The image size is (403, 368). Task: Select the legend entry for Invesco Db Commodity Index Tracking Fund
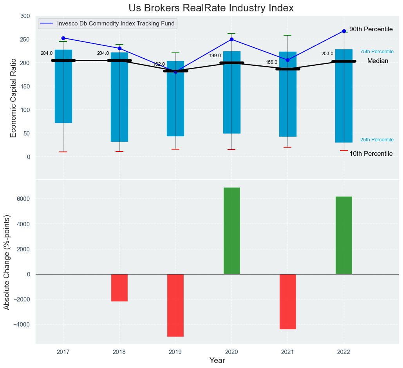(x=116, y=23)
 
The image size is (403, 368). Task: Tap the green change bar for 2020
(x=232, y=231)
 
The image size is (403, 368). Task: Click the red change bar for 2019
(x=175, y=305)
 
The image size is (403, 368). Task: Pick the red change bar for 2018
(x=119, y=288)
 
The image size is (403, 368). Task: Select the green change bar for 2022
(x=344, y=235)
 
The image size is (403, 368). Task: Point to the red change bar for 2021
(x=288, y=301)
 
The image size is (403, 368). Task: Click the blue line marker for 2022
(x=344, y=31)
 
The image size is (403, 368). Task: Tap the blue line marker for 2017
(x=63, y=38)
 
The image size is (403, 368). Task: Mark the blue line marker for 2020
(x=232, y=39)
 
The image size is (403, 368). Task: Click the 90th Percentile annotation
(x=371, y=29)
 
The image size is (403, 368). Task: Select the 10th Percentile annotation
(x=371, y=154)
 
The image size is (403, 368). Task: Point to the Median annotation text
(x=378, y=61)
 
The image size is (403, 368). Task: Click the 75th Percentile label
(x=377, y=52)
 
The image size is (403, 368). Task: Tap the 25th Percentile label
(x=377, y=140)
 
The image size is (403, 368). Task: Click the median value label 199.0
(x=215, y=56)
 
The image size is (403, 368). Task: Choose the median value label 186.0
(x=271, y=62)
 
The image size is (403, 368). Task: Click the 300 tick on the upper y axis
(x=25, y=16)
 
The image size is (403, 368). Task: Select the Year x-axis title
(x=217, y=361)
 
